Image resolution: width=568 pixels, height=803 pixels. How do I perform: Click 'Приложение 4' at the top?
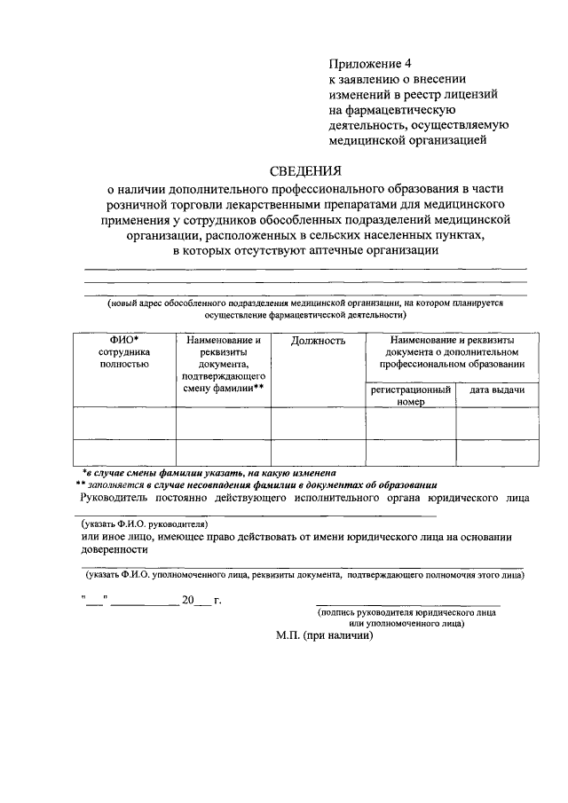point(370,63)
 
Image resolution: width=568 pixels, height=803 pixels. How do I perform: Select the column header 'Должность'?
point(318,341)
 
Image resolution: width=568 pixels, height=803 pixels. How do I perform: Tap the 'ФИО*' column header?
point(124,340)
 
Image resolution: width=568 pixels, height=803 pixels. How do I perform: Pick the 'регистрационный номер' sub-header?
point(411,395)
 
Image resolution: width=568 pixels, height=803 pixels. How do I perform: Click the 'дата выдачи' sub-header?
point(496,390)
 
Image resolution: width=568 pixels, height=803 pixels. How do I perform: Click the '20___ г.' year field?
point(201,601)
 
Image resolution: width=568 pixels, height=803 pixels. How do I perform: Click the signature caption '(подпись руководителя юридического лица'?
point(406,612)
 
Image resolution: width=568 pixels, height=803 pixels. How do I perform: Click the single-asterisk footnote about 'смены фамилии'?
point(209,473)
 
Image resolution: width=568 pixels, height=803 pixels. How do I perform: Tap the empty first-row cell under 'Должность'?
point(318,422)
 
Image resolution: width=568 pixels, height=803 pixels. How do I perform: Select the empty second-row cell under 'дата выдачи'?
point(496,452)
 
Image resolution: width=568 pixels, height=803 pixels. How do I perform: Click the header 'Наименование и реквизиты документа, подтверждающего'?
point(223,363)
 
